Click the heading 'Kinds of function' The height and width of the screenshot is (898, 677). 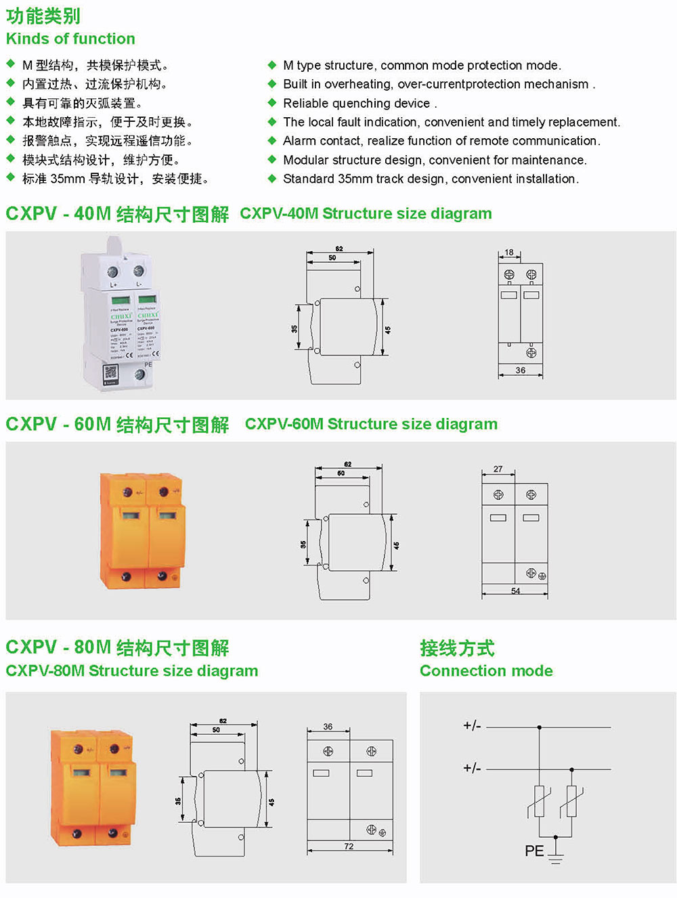pyautogui.click(x=70, y=39)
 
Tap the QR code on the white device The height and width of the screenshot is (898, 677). pyautogui.click(x=110, y=372)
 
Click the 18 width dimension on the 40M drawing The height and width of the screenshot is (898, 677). pyautogui.click(x=509, y=253)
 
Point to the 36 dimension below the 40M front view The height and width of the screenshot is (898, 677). pyautogui.click(x=520, y=370)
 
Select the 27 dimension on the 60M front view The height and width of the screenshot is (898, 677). pyautogui.click(x=498, y=469)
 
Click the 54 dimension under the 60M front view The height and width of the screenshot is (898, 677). pyautogui.click(x=516, y=591)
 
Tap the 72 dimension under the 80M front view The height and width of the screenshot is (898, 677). pyautogui.click(x=349, y=847)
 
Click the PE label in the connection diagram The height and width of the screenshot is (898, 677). pyautogui.click(x=534, y=851)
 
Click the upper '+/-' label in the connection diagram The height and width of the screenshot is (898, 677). pyautogui.click(x=472, y=726)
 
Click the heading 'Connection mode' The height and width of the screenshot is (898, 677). pyautogui.click(x=486, y=671)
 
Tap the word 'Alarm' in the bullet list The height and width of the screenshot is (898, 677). pyautogui.click(x=299, y=141)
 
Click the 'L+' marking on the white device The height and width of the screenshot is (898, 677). pyautogui.click(x=114, y=285)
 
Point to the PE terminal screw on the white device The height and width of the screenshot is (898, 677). pyautogui.click(x=139, y=375)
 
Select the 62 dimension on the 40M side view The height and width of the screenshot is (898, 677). pyautogui.click(x=339, y=249)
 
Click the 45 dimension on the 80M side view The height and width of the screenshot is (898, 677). pyautogui.click(x=272, y=802)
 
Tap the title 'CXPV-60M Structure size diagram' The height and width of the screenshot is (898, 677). pyautogui.click(x=371, y=424)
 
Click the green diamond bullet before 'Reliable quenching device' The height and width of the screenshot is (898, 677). pyautogui.click(x=272, y=103)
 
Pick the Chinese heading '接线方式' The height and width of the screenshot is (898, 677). pyautogui.click(x=457, y=648)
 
